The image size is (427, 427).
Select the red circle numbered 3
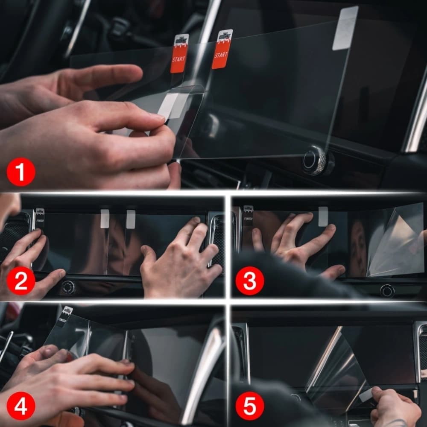[x=250, y=281]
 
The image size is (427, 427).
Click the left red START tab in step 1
[x=179, y=53]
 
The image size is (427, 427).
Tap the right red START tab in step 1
[x=222, y=49]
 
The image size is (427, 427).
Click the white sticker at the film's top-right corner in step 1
[x=345, y=28]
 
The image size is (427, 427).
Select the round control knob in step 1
[x=315, y=160]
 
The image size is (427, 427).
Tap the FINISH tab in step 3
[x=248, y=215]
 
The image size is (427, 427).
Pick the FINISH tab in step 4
[x=64, y=316]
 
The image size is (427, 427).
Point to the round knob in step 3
[x=387, y=290]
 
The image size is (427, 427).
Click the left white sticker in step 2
[x=105, y=218]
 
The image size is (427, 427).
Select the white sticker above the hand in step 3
[x=323, y=216]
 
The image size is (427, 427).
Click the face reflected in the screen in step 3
[x=358, y=248]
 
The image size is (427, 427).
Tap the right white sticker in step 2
[x=131, y=218]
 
